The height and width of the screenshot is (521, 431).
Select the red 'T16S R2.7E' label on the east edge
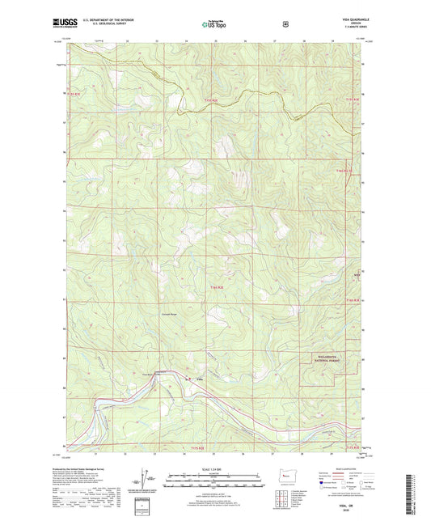pyautogui.click(x=344, y=171)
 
